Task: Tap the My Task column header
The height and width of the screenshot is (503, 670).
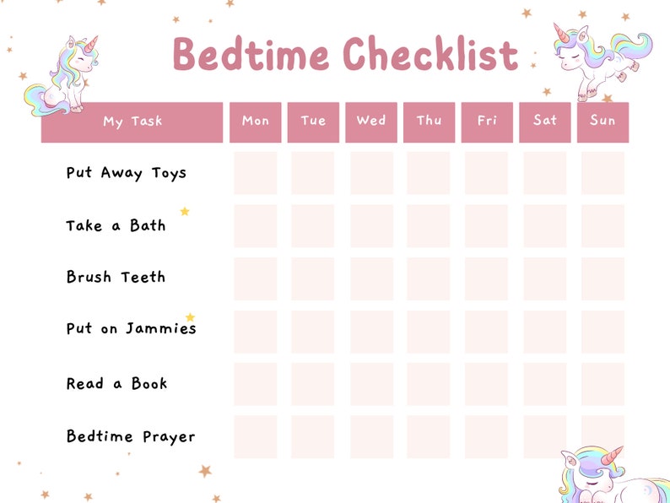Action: [x=132, y=122]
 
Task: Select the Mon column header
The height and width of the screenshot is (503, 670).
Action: [x=256, y=121]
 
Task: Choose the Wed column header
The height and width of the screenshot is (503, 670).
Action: [x=371, y=121]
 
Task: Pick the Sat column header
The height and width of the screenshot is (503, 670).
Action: [x=545, y=121]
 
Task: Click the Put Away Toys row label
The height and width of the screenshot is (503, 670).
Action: [x=127, y=173]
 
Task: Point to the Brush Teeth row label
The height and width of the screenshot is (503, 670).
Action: [x=116, y=277]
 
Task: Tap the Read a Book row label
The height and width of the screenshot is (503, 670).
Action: [x=117, y=383]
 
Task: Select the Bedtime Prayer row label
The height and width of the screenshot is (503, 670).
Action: [x=131, y=436]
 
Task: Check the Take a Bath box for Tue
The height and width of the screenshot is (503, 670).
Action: [x=313, y=226]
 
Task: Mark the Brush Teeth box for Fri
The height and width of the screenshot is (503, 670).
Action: [x=486, y=279]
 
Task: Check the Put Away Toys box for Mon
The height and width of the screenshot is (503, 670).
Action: [x=256, y=173]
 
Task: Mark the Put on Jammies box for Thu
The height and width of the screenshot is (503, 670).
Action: [x=429, y=332]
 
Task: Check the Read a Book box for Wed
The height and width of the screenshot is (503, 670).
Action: [x=371, y=384]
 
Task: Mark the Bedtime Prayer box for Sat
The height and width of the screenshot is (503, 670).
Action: [x=544, y=436]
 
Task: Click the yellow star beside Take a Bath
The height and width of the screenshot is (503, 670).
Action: [x=185, y=212]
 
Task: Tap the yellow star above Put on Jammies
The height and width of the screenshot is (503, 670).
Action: [x=190, y=317]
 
